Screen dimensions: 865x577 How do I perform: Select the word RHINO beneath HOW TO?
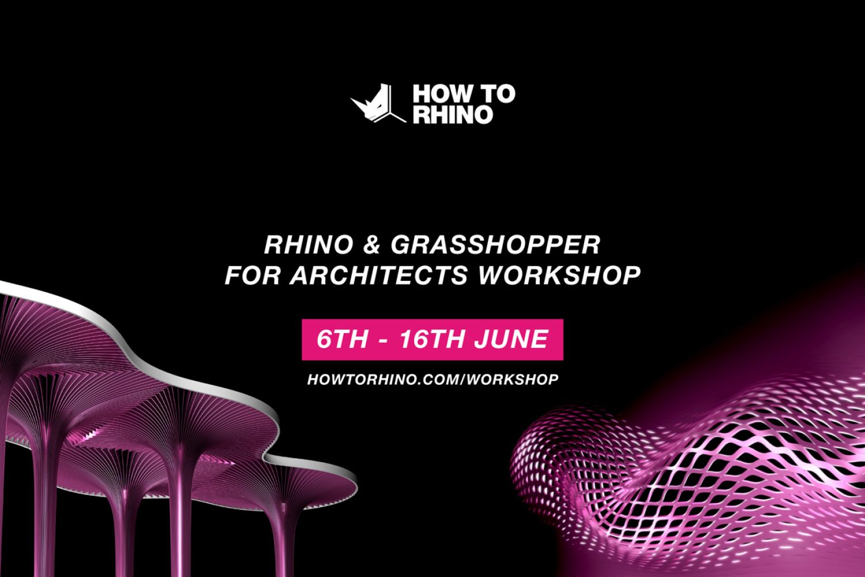pos(453,115)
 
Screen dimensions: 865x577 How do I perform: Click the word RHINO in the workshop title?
pos(309,245)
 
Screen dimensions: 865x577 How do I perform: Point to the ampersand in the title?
pos(372,245)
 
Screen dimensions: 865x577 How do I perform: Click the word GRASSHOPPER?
pos(496,245)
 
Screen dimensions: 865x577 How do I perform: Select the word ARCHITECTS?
pos(379,275)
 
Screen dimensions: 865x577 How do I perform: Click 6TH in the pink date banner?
pos(342,339)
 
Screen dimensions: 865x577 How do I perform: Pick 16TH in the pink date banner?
pos(432,339)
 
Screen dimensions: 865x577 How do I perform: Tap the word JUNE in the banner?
pos(512,339)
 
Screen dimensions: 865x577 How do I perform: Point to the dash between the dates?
pos(383,340)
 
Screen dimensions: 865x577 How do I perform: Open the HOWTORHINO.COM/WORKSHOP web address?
pos(433,380)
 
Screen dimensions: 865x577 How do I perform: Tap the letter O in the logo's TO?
pos(506,94)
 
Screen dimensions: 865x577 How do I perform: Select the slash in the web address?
pos(462,380)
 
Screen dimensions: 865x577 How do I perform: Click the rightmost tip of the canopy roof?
pos(358,488)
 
